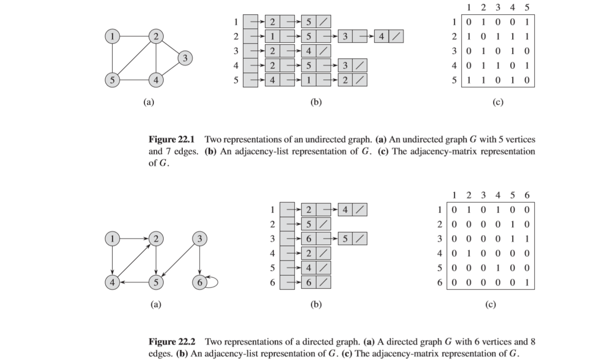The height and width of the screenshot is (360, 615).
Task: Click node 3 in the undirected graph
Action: pos(184,58)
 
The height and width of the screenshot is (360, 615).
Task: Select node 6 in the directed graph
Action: pos(199,282)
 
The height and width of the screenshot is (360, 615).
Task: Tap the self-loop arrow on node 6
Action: pos(213,282)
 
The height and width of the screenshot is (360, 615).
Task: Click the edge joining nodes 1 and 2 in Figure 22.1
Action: pos(134,36)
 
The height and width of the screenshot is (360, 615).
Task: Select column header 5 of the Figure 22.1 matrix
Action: pos(526,7)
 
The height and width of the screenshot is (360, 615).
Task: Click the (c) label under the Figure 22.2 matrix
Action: pos(490,305)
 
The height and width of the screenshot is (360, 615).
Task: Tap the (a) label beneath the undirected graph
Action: pos(148,102)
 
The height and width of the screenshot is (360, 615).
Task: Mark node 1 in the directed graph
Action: pos(113,239)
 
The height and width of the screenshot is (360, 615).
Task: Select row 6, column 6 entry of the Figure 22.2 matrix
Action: pos(526,283)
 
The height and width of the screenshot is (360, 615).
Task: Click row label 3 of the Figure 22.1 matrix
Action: pos(455,51)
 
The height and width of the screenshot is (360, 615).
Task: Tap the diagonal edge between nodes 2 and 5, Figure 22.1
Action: pos(134,58)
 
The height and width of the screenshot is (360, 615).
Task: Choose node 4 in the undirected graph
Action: pos(156,79)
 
